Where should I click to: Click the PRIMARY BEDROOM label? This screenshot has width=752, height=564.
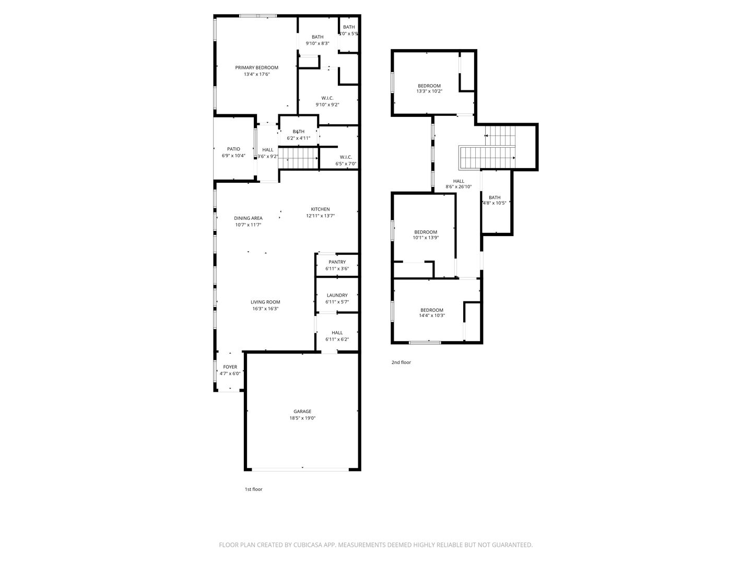[256, 67]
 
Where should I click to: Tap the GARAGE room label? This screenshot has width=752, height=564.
[302, 412]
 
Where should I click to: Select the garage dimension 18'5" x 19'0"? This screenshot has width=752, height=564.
[302, 418]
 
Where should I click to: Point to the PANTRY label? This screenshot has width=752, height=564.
[337, 262]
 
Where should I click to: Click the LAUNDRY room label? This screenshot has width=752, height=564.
[337, 295]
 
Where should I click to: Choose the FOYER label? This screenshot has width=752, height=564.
[230, 367]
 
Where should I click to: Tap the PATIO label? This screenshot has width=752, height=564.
[233, 149]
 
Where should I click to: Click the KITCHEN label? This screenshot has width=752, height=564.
[320, 209]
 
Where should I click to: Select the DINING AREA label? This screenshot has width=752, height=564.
[248, 218]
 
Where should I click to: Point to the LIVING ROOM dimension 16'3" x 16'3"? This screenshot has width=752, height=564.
[265, 309]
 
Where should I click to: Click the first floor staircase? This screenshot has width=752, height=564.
[298, 158]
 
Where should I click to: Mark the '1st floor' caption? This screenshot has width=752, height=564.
[253, 489]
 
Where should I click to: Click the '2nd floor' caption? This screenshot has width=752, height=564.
[401, 362]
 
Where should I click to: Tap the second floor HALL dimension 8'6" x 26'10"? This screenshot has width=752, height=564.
[459, 186]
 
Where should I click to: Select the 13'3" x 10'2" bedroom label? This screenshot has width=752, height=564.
[429, 88]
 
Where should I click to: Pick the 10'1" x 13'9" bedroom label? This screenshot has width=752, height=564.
[426, 234]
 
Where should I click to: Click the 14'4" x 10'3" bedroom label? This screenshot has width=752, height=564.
[432, 313]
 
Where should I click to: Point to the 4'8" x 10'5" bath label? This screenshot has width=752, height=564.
[494, 200]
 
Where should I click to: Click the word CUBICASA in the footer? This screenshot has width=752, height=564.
[308, 545]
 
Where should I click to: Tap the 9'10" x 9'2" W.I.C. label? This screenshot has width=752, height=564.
[327, 101]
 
